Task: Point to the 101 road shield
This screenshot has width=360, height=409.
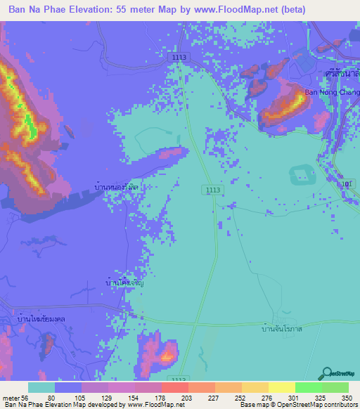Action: pos(345,184)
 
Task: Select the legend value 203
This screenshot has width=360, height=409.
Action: pos(187,397)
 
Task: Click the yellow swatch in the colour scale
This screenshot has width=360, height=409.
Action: pos(281,387)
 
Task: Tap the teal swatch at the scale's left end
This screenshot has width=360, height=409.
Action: pos(41,387)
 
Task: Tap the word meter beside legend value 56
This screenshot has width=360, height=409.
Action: pos(12,397)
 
